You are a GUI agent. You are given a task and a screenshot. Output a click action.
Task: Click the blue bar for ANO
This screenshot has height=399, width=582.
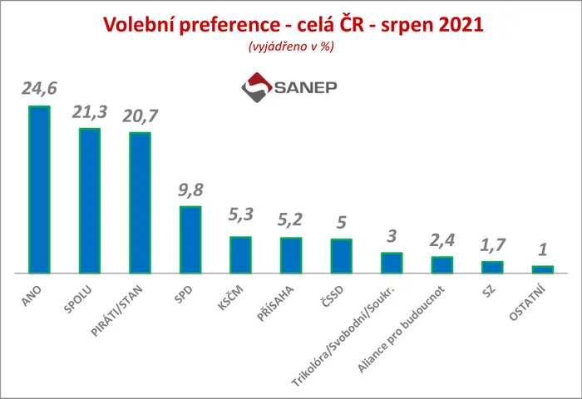pos(39,190)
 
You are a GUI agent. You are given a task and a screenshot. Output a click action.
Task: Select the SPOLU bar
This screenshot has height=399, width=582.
pos(90,201)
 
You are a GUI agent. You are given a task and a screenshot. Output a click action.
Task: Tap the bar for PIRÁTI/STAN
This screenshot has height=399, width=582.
pos(140,203)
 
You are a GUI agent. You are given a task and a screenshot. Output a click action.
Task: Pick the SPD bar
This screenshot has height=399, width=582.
pos(190,239)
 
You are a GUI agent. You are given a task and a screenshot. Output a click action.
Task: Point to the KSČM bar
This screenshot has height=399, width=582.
pos(240,255)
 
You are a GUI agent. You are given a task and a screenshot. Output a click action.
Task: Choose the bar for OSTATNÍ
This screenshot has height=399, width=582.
pos(543,269)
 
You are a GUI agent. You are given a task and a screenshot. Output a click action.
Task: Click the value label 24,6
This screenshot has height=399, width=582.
pos(39,89)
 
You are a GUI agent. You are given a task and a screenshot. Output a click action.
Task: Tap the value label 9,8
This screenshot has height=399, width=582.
pos(190,190)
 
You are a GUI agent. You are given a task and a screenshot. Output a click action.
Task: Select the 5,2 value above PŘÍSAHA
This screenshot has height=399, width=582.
pos(290,220)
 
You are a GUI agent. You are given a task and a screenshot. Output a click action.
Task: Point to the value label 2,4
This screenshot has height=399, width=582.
pos(442,240)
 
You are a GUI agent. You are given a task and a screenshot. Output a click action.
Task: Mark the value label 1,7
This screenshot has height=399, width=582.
pos(492,245)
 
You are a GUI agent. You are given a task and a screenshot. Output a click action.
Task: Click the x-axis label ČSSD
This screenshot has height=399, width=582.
pos(333,297)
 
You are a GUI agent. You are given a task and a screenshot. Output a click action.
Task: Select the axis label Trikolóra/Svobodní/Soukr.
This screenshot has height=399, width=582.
pos(343,337)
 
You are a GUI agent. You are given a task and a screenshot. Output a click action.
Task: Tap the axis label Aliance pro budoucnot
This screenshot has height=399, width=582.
pos(401,329)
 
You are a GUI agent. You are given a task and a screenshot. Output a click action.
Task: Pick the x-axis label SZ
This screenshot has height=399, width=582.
pos(489,291)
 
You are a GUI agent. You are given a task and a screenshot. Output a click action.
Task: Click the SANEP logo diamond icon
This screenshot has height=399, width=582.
pos(257,87)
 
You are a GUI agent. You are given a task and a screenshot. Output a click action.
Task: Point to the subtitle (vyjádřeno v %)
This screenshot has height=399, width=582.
pos(291,47)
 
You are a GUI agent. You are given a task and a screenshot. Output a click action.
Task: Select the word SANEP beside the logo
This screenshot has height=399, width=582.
pos(305,87)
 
